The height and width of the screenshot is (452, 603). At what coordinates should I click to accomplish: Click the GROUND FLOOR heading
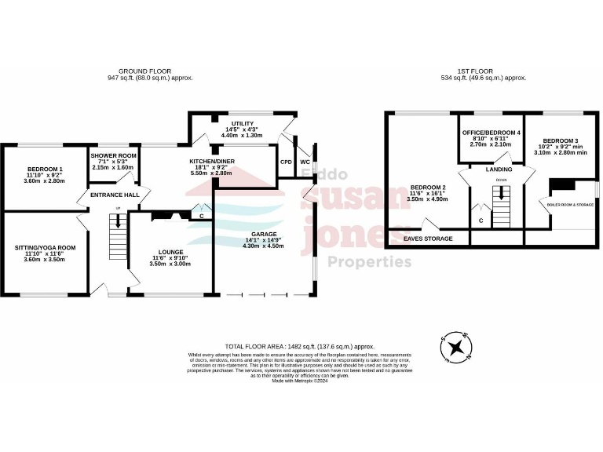tap(149, 71)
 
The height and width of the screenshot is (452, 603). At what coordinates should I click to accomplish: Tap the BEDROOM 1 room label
tap(46, 169)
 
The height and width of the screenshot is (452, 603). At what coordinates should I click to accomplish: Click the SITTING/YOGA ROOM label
tap(46, 247)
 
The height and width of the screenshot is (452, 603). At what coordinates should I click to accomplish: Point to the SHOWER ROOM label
tap(113, 155)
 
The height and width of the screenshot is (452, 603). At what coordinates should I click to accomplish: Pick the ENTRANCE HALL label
tap(115, 195)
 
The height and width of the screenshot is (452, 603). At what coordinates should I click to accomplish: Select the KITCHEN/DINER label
tap(212, 160)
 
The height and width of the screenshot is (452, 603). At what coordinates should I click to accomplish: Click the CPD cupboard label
tap(286, 162)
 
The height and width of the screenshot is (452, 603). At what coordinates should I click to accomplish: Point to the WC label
tap(305, 162)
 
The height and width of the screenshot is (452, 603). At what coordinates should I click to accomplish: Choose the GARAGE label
tap(264, 235)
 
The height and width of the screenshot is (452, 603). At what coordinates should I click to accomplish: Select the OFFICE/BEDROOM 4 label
tap(491, 133)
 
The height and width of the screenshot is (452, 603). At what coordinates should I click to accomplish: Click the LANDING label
tap(499, 169)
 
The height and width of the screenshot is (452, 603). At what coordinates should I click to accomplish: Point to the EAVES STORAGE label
tap(427, 238)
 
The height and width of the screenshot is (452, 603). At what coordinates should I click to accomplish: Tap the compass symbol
tap(455, 347)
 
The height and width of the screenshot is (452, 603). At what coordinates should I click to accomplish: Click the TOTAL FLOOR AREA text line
tap(299, 346)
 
